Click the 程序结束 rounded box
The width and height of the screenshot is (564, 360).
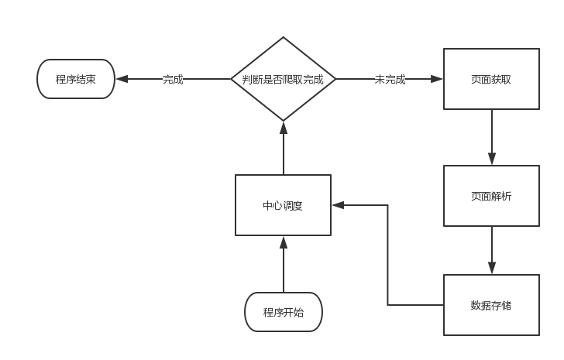[x=76, y=79]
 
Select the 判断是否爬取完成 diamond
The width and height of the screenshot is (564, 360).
[x=283, y=79]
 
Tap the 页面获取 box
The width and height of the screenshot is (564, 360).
[x=491, y=79]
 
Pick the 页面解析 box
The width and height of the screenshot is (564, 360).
[x=491, y=196]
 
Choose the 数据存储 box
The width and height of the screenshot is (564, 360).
[x=491, y=305]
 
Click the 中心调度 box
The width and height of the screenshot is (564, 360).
[x=283, y=205]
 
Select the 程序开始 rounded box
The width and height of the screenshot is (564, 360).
[x=283, y=312]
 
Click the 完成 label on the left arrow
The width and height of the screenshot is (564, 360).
[x=173, y=79]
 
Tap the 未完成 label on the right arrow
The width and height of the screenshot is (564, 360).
[x=390, y=79]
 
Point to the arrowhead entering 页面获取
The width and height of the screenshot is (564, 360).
[x=438, y=79]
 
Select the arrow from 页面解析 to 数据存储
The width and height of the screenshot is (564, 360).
[x=491, y=250]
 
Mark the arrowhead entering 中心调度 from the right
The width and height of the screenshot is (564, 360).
[x=338, y=205]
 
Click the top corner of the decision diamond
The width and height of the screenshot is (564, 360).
[x=283, y=38]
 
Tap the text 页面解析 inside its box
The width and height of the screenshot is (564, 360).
[x=491, y=196]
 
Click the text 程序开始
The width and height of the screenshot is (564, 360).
[x=283, y=313]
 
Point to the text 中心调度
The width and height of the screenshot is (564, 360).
[x=283, y=206]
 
